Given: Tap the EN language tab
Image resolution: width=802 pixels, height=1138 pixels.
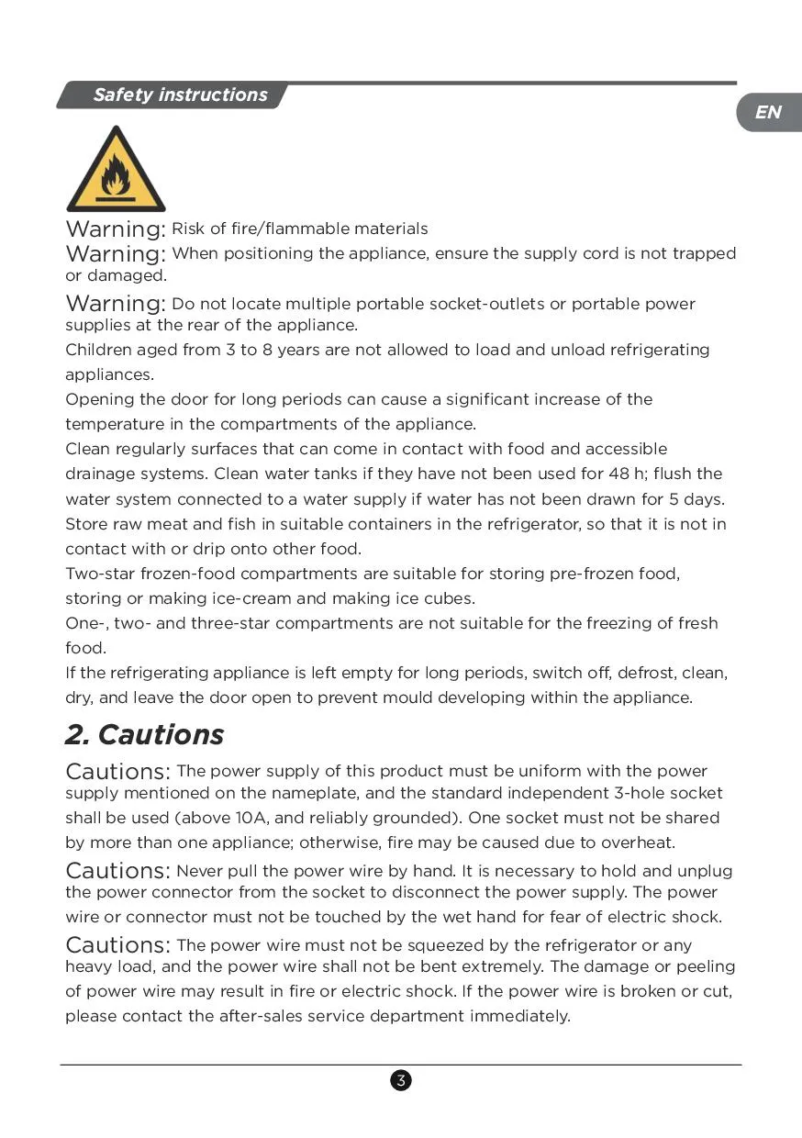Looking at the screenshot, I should pos(768,112).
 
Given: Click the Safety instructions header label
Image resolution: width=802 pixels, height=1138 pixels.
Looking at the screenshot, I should pos(180,95).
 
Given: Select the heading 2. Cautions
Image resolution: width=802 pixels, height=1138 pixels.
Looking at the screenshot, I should pos(144,735).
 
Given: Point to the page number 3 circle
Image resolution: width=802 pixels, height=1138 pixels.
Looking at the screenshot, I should pos(401,1080).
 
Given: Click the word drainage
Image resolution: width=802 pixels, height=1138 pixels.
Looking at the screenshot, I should pos(100,474).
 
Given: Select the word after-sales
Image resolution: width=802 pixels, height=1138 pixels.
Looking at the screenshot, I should pos(269,1016).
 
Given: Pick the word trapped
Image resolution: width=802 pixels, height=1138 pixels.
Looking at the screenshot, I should pos(704,253).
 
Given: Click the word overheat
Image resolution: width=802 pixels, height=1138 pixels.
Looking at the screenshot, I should pos(640,842).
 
